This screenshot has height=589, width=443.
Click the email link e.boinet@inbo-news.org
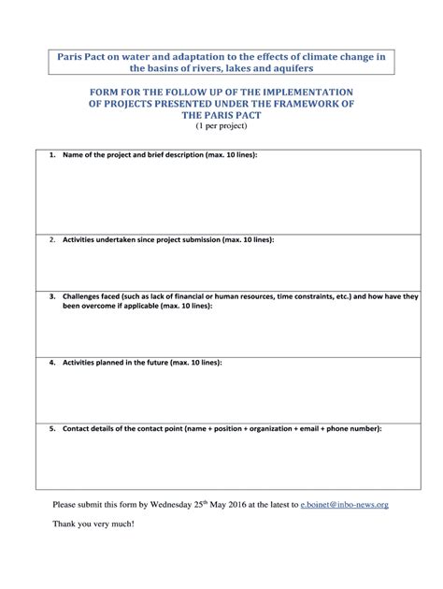click(x=344, y=505)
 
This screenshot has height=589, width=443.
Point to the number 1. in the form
click(x=52, y=154)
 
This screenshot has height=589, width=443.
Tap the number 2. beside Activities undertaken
click(x=52, y=239)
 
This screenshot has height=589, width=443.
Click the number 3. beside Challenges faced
click(x=52, y=296)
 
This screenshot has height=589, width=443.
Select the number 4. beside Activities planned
click(x=52, y=362)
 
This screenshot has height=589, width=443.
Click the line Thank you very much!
click(x=93, y=524)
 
